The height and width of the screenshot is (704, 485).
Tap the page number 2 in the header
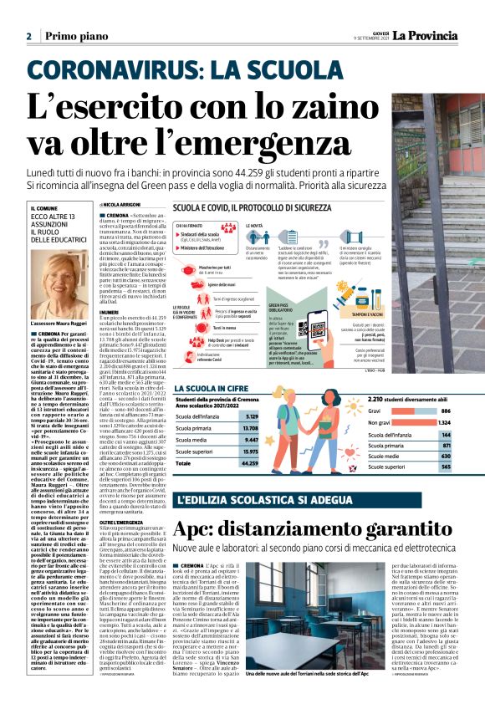pos(28,37)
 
